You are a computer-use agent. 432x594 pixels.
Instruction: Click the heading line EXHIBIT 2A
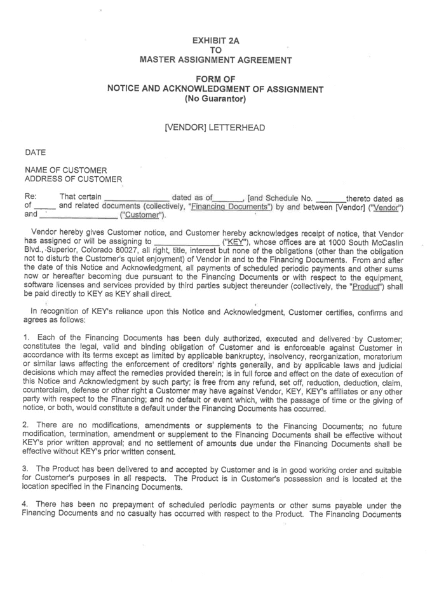215,40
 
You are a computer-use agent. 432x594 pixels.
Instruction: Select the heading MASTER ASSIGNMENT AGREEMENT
215,60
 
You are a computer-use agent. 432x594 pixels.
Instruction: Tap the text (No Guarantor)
215,99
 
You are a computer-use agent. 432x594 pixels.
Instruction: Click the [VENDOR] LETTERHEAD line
215,128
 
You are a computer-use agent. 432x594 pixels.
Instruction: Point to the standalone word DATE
35,153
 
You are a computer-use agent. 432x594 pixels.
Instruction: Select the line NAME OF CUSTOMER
66,170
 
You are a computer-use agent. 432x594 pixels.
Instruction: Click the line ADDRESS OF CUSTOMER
73,179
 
